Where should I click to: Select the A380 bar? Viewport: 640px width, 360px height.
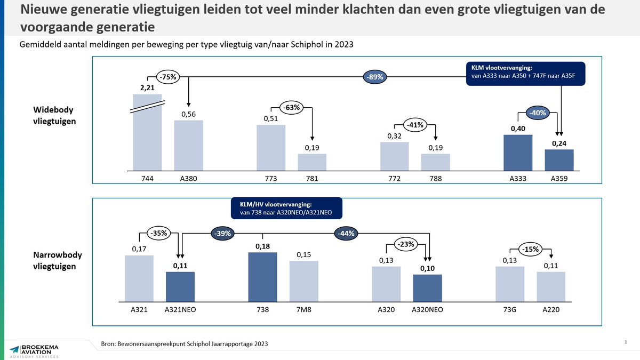point(189,145)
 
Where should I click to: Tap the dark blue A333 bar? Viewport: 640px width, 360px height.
point(518,152)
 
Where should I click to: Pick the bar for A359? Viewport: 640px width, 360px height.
point(559,159)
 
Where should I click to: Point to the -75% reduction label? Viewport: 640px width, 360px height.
point(168,76)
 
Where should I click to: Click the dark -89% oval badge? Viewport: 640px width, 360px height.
point(375,77)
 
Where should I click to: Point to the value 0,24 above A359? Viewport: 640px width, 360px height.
point(559,142)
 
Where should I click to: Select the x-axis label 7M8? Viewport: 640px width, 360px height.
point(304,309)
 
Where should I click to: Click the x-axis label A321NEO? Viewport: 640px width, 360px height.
point(180,309)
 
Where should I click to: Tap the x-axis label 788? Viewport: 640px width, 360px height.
point(436,179)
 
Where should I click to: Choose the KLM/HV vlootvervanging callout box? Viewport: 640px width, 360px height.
point(286,209)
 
